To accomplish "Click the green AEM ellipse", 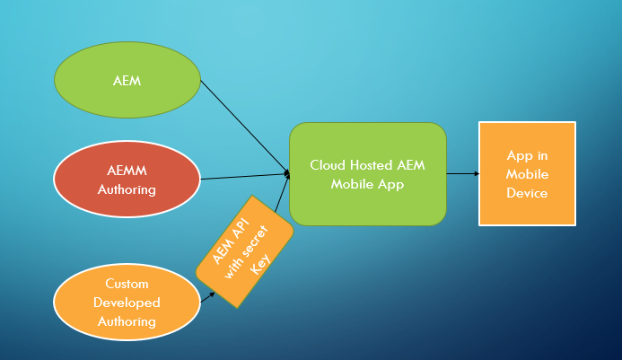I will (x=127, y=81).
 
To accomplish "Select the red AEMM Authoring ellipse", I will (x=127, y=180).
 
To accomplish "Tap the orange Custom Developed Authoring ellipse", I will (x=127, y=303).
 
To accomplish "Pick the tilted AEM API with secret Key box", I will (x=245, y=251).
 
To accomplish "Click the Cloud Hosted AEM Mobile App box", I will (x=368, y=173).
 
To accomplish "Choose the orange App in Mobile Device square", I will (x=527, y=173).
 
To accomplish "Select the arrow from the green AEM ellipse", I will (x=242, y=126).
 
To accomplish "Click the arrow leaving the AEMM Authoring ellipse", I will (x=242, y=176).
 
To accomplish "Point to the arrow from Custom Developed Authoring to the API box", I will (x=206, y=294).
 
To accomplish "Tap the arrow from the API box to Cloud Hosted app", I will (x=282, y=196).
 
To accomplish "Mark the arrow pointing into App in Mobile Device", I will (x=462, y=173).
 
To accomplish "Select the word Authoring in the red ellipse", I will (x=127, y=189).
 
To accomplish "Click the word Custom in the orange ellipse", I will (x=127, y=285).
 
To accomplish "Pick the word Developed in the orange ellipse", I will (x=127, y=303).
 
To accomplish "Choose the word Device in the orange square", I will (x=527, y=192).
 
